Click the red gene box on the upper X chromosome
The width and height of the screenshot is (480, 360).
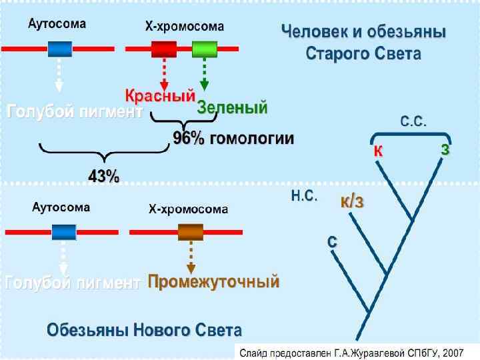tap(164, 49)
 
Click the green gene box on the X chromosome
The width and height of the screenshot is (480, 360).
tap(205, 49)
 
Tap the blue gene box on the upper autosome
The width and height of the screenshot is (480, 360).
tap(59, 49)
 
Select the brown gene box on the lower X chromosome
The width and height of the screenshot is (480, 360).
tap(191, 231)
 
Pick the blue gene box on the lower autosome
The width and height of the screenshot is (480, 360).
tap(63, 231)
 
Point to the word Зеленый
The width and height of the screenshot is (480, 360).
tap(232, 107)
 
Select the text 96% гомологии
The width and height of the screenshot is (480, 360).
tap(233, 139)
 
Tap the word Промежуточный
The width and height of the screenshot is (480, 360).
tap(213, 282)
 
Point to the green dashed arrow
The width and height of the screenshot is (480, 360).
tap(205, 75)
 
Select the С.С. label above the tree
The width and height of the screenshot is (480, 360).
tap(413, 122)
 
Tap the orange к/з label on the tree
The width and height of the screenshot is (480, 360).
tap(352, 201)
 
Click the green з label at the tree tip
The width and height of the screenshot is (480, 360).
tap(445, 149)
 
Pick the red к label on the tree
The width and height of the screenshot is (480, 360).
tap(377, 151)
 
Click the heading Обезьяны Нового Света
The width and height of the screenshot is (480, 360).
tap(144, 329)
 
